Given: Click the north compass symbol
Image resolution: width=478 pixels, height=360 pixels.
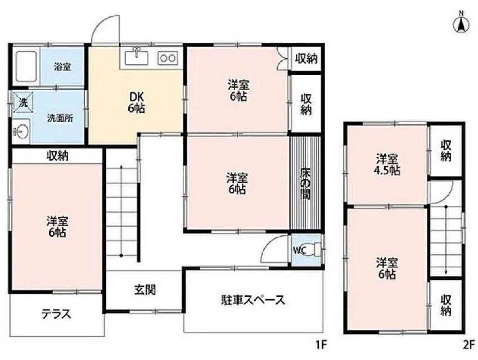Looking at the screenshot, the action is coord(461,23).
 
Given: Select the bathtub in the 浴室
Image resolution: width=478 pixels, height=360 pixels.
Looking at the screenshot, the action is coord(26,66).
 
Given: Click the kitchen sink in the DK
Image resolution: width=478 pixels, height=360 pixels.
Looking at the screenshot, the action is coord(137,57).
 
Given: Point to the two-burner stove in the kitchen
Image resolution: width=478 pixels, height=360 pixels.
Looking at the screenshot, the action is coord(168,57).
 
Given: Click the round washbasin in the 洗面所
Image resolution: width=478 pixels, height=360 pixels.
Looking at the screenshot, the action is coord(21,132).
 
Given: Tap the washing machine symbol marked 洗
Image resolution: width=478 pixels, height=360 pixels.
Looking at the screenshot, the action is coord(22,102).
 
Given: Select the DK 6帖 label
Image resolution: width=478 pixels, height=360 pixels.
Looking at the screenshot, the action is coord(136,102).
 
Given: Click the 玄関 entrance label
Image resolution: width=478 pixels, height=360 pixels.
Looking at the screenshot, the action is coord(145,290).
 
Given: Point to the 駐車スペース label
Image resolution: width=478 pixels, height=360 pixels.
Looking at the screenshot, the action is coord(252,300).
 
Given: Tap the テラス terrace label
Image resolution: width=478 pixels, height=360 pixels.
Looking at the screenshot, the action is coord(56,314).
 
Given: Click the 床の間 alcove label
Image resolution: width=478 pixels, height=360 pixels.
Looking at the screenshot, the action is coord(305,183).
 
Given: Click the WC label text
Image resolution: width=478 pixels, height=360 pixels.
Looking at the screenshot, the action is coord(299,250).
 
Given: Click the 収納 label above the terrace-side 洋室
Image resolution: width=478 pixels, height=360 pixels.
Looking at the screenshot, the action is coord(57,156).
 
